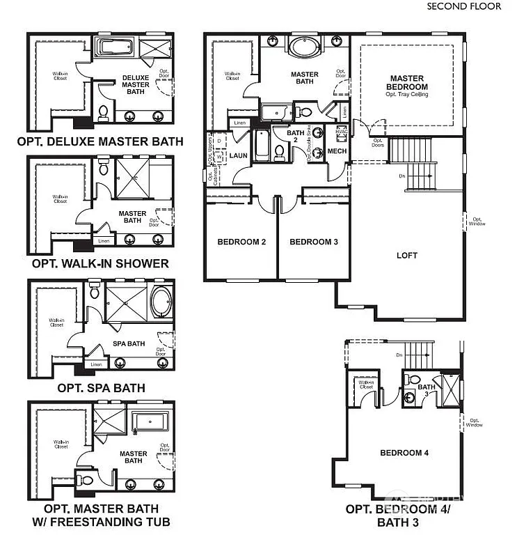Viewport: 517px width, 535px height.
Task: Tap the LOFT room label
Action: (x=407, y=256)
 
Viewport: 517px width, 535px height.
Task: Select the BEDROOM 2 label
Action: (x=241, y=242)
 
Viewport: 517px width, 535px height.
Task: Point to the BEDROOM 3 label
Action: (x=313, y=242)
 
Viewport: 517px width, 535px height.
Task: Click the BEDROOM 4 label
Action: (x=404, y=453)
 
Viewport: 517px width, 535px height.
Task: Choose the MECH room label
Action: (x=337, y=151)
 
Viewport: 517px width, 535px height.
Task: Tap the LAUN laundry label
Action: (x=239, y=156)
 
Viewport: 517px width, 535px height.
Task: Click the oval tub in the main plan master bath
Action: (x=304, y=48)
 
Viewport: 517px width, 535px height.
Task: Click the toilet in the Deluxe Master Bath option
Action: (x=103, y=112)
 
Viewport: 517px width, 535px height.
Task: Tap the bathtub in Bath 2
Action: (x=261, y=144)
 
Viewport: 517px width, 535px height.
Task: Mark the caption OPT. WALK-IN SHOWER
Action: (x=100, y=263)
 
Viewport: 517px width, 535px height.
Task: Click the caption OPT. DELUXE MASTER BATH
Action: (x=100, y=141)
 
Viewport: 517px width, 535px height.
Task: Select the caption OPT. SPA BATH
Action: (x=101, y=387)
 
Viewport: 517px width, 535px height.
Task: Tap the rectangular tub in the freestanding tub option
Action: (x=151, y=421)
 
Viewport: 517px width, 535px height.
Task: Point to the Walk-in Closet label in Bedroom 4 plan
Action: (x=366, y=383)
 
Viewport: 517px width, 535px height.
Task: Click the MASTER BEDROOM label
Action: (x=408, y=83)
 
